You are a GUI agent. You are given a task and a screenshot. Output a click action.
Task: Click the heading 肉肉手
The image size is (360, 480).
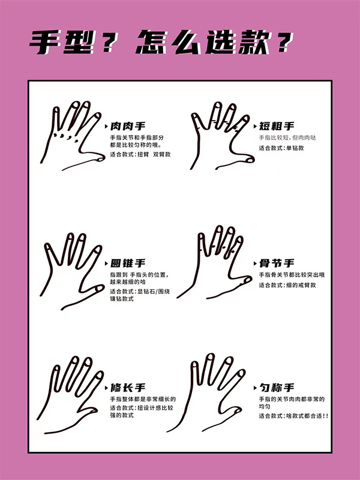(x=128, y=126)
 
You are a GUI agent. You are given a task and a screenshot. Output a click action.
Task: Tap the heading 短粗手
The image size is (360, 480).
(x=277, y=126)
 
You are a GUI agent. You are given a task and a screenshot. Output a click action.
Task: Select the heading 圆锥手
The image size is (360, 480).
(x=128, y=263)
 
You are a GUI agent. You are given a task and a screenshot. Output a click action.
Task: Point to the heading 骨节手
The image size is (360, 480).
(x=277, y=263)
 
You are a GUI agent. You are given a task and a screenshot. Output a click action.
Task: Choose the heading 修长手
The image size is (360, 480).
(x=128, y=388)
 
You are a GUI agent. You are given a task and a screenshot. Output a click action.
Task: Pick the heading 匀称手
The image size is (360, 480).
(x=277, y=388)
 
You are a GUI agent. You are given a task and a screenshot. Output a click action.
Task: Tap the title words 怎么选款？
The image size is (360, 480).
(x=215, y=42)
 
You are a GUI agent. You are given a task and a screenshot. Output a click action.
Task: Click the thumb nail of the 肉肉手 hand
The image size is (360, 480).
(x=100, y=159)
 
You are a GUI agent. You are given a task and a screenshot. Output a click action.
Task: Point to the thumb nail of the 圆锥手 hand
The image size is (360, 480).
(x=100, y=289)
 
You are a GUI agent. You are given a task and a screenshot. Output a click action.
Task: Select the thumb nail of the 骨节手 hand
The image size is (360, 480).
(x=247, y=280)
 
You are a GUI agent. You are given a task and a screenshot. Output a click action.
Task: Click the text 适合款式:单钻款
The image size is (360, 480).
(x=281, y=148)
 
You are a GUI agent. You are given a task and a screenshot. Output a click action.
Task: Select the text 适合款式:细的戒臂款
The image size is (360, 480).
(x=287, y=286)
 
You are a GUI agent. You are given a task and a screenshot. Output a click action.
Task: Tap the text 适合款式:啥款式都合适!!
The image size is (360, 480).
(x=293, y=416)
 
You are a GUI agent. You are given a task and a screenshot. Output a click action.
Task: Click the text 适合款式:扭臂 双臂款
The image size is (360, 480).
(x=140, y=155)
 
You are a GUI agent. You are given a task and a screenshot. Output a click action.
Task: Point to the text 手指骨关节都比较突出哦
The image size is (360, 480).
(x=292, y=275)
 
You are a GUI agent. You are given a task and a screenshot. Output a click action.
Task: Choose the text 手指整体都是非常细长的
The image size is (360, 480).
(x=143, y=399)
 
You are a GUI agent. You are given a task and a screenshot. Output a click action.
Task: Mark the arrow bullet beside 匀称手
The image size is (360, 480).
(x=256, y=388)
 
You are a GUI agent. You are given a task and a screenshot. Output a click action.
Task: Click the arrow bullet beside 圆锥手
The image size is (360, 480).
(x=106, y=263)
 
